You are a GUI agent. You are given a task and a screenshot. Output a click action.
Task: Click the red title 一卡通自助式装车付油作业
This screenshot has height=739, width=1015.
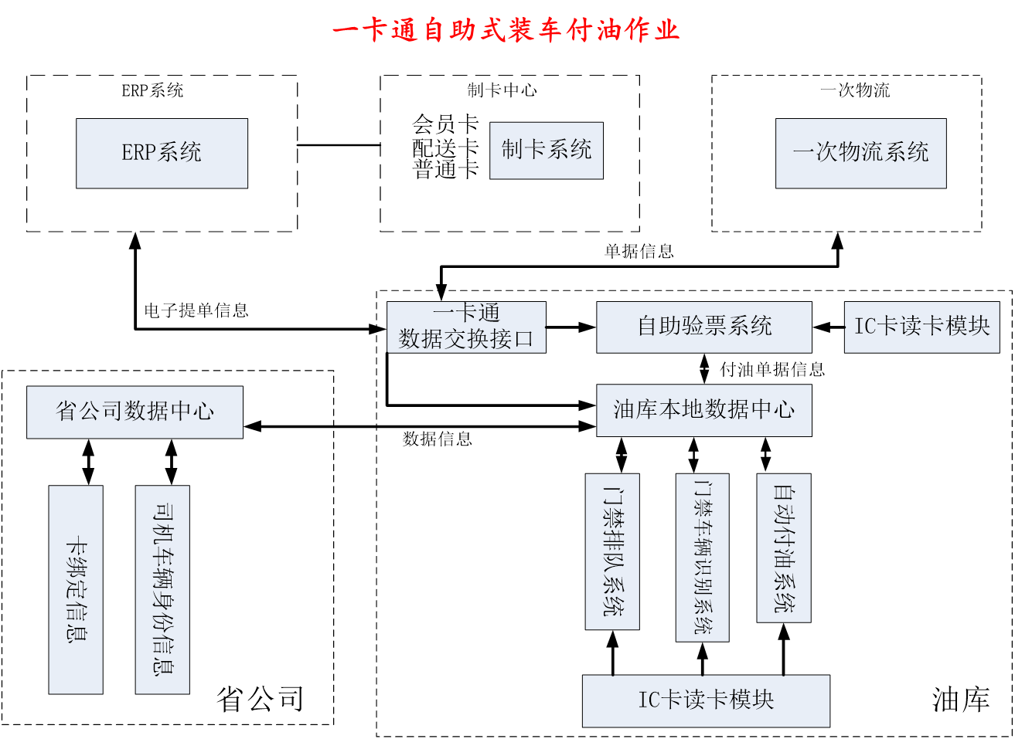pos(506,30)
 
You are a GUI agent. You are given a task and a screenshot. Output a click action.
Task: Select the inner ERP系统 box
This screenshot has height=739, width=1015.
pos(162,153)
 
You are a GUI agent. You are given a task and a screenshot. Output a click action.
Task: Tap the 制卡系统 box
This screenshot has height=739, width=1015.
pos(546,150)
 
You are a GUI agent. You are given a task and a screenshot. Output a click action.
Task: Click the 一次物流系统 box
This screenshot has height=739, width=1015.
pos(860,153)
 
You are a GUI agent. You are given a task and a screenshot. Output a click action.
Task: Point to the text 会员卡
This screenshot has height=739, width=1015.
pos(445,124)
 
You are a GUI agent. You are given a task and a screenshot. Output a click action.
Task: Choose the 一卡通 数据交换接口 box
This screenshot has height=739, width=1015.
pos(466,327)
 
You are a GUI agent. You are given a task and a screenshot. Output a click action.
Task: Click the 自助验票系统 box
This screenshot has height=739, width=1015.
pos(703,327)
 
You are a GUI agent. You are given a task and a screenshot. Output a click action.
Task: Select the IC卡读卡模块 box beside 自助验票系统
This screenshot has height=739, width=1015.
pos(921,327)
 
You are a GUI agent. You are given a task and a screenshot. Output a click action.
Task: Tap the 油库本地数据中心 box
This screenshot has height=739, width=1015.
pos(703,409)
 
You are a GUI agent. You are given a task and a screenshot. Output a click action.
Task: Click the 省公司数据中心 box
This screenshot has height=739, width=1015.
pos(135,412)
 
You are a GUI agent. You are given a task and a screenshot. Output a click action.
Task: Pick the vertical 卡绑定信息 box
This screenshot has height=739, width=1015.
pos(76,588)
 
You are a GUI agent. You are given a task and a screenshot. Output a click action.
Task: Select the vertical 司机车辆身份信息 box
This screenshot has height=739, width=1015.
pos(162,588)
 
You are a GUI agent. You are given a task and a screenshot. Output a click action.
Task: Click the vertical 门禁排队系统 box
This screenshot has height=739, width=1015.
pos(612,551)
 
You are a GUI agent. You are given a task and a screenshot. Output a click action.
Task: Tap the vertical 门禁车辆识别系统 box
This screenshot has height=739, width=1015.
pos(702,557)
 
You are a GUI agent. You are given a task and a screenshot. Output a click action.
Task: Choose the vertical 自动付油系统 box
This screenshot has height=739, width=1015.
pos(783,547)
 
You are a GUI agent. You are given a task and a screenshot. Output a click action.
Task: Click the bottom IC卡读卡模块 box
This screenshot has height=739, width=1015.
pos(705,700)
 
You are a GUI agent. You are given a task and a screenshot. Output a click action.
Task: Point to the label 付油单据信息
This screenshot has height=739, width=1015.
pos(771,370)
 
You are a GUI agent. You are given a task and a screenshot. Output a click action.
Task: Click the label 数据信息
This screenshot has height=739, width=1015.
pos(437,439)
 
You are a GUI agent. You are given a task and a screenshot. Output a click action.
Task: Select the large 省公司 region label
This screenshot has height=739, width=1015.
pos(260,700)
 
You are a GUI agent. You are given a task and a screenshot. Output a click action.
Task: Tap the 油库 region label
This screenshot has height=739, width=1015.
pos(960,700)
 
